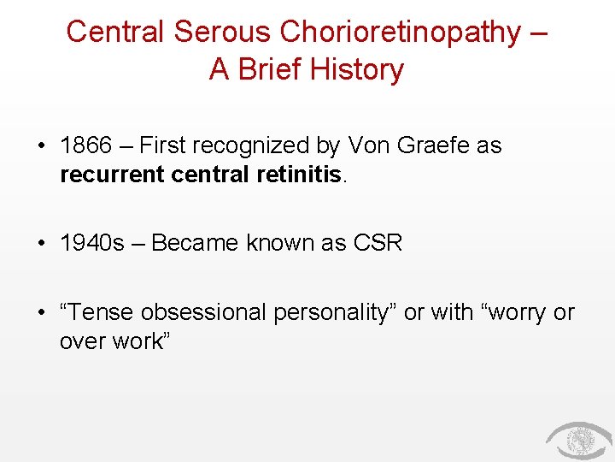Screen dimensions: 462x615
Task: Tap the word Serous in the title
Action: point(218,32)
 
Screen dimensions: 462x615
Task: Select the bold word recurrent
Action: point(113,175)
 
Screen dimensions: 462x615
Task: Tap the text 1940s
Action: point(91,243)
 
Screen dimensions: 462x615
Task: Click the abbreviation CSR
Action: point(377,243)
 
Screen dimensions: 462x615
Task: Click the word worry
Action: point(517,312)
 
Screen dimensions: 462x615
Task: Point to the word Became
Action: point(195,243)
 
